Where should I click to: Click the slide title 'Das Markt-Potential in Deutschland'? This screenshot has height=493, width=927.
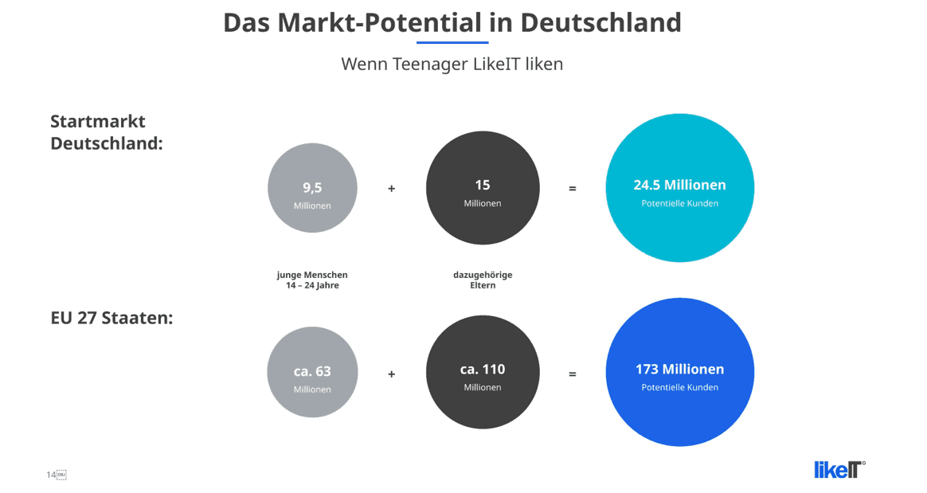pos(452,23)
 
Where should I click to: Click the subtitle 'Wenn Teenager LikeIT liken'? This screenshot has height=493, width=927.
pos(452,64)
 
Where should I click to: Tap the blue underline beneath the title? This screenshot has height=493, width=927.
pos(452,42)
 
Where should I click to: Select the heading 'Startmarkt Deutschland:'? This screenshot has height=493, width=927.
pos(107,132)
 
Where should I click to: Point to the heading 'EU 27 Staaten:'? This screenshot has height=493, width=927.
pos(111,318)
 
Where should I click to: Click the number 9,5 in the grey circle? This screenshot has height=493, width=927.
pos(312,188)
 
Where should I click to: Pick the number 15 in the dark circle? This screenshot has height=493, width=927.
pos(483,185)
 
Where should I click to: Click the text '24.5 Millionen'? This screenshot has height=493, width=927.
pos(680,185)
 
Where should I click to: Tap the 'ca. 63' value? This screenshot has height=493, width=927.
pos(312,371)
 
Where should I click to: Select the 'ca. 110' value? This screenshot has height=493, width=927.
pos(483,370)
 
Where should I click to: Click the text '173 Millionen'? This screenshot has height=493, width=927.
pos(680,370)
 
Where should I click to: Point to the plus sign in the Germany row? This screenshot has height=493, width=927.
pos(391,189)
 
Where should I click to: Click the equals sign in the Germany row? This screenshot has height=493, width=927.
pos(573,189)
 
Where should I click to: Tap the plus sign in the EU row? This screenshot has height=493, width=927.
pos(391,374)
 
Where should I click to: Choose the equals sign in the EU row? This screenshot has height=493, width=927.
pos(573,374)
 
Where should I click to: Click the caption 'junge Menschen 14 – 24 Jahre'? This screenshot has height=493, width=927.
pos(312,280)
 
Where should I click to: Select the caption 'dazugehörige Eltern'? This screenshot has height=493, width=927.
pos(483,280)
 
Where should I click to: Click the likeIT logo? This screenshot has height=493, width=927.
pos(839,469)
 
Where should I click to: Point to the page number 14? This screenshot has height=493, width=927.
pos(52,475)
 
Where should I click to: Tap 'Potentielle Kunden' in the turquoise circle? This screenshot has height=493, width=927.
pos(680,203)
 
